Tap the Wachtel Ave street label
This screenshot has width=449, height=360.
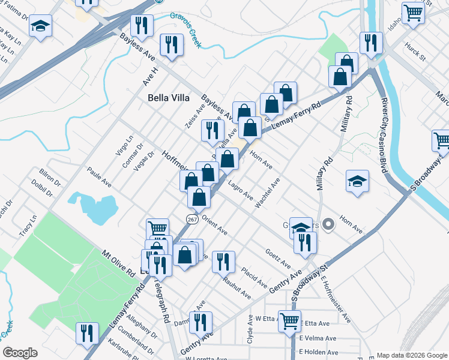click(268, 193)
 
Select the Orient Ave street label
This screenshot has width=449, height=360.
click(214, 224)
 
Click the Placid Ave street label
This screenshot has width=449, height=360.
click(254, 277)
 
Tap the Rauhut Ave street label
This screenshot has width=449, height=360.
click(236, 287)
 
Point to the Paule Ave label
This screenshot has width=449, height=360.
click(99, 178)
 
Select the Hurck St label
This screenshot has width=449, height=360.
click(414, 52)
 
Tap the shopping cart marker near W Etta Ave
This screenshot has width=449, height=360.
click(291, 322)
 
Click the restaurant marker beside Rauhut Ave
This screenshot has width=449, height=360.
click(223, 261)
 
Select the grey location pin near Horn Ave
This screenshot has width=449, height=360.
click(328, 225)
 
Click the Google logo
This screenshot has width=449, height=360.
click(19, 353)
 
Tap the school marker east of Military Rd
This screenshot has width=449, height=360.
click(357, 182)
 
